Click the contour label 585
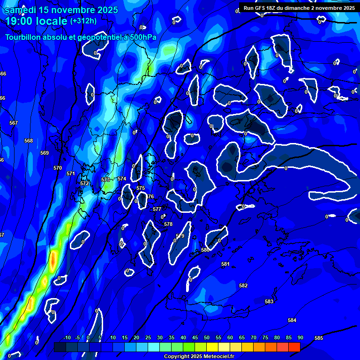tap(319, 338)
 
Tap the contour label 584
tap(292, 320)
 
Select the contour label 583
tap(269, 301)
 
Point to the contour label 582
tap(243, 285)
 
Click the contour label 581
tap(225, 264)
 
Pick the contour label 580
tap(205, 250)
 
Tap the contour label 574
tap(122, 179)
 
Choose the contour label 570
tap(58, 168)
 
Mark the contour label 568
tap(29, 141)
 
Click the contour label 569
tap(45, 153)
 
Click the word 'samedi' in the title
tap(24, 10)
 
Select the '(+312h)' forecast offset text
tap(83, 21)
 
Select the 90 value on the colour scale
tap(300, 338)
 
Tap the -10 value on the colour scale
tap(67, 338)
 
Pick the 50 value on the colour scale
tap(207, 338)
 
